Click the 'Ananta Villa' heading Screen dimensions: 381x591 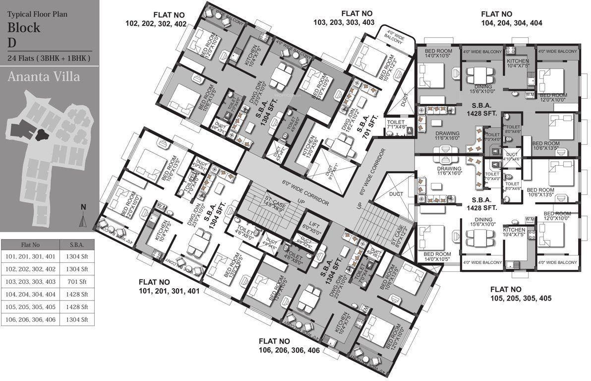pyautogui.click(x=44, y=77)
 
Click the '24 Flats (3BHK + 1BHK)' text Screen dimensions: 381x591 pyautogui.click(x=49, y=59)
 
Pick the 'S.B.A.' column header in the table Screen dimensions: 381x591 pyautogui.click(x=77, y=245)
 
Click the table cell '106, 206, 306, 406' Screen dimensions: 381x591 pyautogui.click(x=30, y=320)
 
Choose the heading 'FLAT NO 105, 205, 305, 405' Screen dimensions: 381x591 pyautogui.click(x=521, y=294)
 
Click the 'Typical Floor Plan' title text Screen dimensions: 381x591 pyautogui.click(x=38, y=14)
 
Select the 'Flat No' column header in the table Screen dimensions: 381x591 pyautogui.click(x=30, y=245)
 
